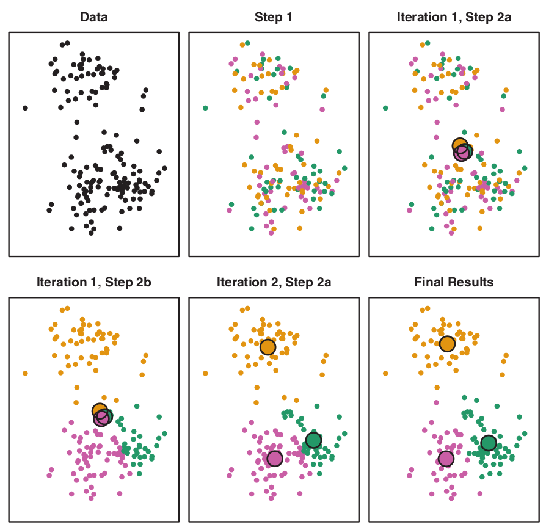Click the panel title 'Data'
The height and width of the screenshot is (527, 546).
point(93,17)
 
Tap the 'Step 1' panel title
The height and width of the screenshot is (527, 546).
point(273,17)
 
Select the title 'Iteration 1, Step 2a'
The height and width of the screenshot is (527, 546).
point(454,17)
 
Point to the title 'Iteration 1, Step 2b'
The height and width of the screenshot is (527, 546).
point(93,282)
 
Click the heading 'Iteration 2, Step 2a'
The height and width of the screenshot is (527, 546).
point(273,282)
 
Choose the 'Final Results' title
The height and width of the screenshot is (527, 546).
point(454,282)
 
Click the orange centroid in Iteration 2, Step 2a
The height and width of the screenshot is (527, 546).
point(268,347)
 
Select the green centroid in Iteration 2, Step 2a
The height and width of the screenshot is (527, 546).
point(313,440)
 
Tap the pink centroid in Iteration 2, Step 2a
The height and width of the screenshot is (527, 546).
point(275,458)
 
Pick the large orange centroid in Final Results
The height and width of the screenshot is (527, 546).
point(448,344)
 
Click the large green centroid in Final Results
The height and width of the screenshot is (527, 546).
point(489,443)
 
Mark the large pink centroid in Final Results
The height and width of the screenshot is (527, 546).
point(446,458)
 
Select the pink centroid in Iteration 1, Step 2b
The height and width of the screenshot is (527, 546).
point(102,418)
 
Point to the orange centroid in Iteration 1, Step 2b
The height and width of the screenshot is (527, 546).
point(100,410)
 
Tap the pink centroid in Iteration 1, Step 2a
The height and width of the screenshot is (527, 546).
point(462,153)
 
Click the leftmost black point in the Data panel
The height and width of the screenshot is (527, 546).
point(25,108)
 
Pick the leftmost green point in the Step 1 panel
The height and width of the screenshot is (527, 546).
point(205,108)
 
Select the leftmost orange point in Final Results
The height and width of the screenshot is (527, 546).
point(386,373)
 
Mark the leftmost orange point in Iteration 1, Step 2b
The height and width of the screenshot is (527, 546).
point(25,373)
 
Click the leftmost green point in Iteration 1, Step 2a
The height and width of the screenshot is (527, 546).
point(385,108)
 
